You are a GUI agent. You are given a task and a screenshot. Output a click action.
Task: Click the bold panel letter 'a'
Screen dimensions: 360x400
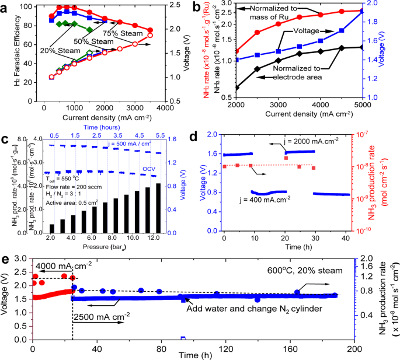[6, 7]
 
